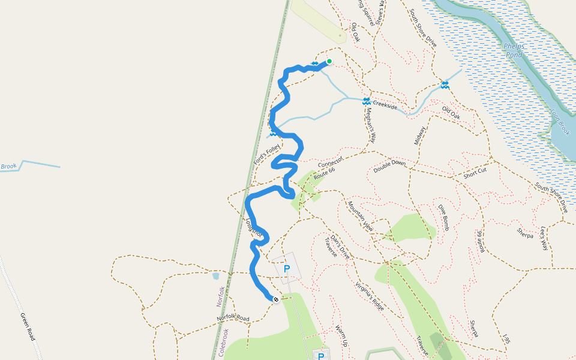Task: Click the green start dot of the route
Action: click(329, 61)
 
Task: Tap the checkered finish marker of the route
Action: click(276, 299)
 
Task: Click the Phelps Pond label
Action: click(514, 50)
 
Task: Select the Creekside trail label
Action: click(385, 105)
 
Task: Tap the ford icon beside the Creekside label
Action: click(366, 101)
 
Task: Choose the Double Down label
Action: click(389, 166)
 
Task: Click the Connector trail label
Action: click(329, 163)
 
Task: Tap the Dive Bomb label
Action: click(443, 217)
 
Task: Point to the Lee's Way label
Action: click(544, 238)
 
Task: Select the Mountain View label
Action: click(360, 216)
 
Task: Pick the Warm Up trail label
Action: click(341, 336)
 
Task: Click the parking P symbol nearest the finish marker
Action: click(286, 269)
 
